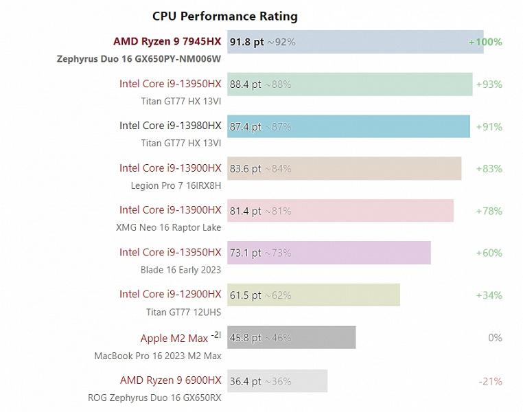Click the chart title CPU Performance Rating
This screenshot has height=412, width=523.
[224, 16]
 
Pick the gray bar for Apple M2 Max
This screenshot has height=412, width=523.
[292, 338]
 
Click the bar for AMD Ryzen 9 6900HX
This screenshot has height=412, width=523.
[277, 380]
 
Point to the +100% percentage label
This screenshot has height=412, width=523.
[485, 43]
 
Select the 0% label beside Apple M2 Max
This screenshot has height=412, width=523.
[495, 338]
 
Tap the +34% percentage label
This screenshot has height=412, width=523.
[489, 295]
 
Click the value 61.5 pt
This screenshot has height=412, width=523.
[245, 295]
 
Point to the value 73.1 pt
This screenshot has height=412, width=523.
[245, 253]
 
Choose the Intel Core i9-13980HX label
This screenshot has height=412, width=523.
[170, 126]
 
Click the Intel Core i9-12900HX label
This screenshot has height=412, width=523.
[170, 295]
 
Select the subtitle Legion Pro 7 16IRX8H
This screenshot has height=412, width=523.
[176, 185]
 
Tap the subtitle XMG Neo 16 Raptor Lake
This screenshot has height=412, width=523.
[170, 228]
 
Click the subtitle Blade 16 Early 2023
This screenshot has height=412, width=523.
[181, 270]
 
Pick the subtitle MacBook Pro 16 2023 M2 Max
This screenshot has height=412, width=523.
[158, 356]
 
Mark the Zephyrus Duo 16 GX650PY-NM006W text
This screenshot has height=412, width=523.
[139, 59]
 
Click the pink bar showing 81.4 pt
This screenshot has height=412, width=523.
[340, 211]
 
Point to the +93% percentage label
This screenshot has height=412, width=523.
[489, 84]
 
